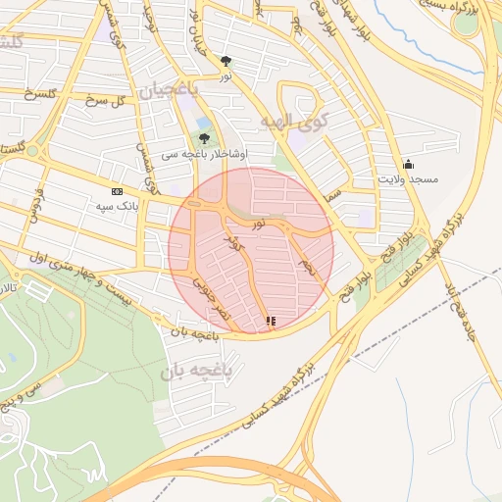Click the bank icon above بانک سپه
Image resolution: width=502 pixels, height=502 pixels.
pos(118,191)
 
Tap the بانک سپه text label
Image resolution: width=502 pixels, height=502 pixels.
pos(117,206)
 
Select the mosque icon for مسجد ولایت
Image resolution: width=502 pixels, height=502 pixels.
pos(408,164)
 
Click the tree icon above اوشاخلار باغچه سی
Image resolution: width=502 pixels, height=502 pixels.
pos(204,138)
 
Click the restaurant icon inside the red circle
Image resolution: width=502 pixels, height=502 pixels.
pos(270,320)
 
